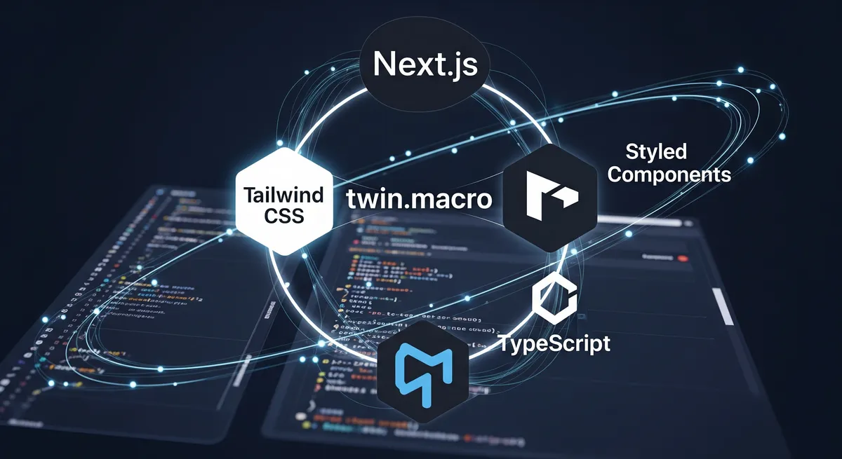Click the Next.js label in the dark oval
pyautogui.click(x=426, y=64)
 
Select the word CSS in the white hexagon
pyautogui.click(x=284, y=215)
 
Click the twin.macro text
pyautogui.click(x=420, y=198)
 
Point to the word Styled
pyautogui.click(x=655, y=151)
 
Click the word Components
pyautogui.click(x=669, y=174)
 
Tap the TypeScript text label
pyautogui.click(x=554, y=343)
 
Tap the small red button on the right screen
pyautogui.click(x=683, y=258)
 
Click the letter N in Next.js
pyautogui.click(x=385, y=64)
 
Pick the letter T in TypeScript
pyautogui.click(x=504, y=343)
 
